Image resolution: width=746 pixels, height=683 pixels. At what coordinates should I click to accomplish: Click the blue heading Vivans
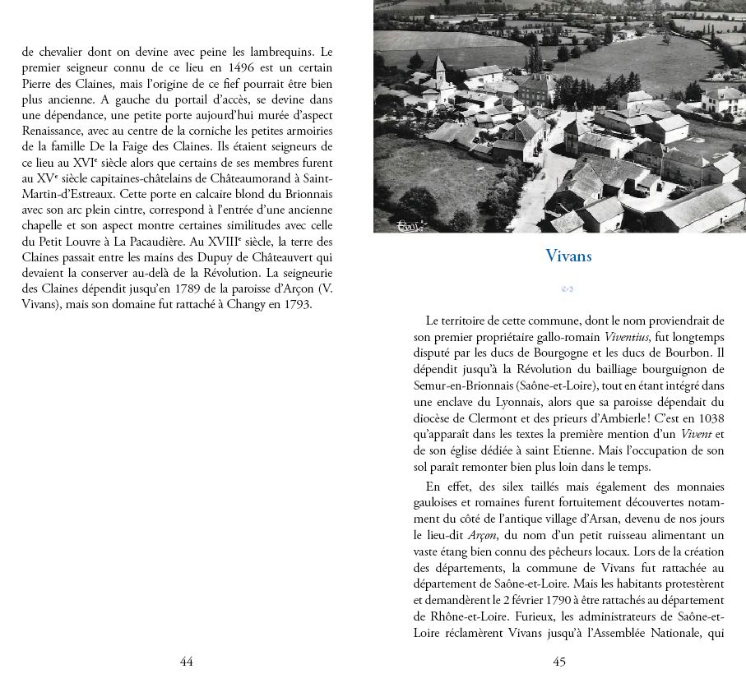click(568, 256)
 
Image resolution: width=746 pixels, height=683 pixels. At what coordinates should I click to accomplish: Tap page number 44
click(187, 661)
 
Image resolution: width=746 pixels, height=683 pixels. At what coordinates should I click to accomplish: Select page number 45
click(559, 661)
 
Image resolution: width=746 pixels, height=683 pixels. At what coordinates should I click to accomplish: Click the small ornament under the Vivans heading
click(568, 288)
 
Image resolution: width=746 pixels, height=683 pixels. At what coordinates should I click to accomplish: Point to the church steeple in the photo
click(438, 67)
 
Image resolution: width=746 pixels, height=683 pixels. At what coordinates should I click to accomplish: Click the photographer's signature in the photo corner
click(408, 225)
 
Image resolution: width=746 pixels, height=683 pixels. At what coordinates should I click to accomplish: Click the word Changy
click(239, 304)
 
